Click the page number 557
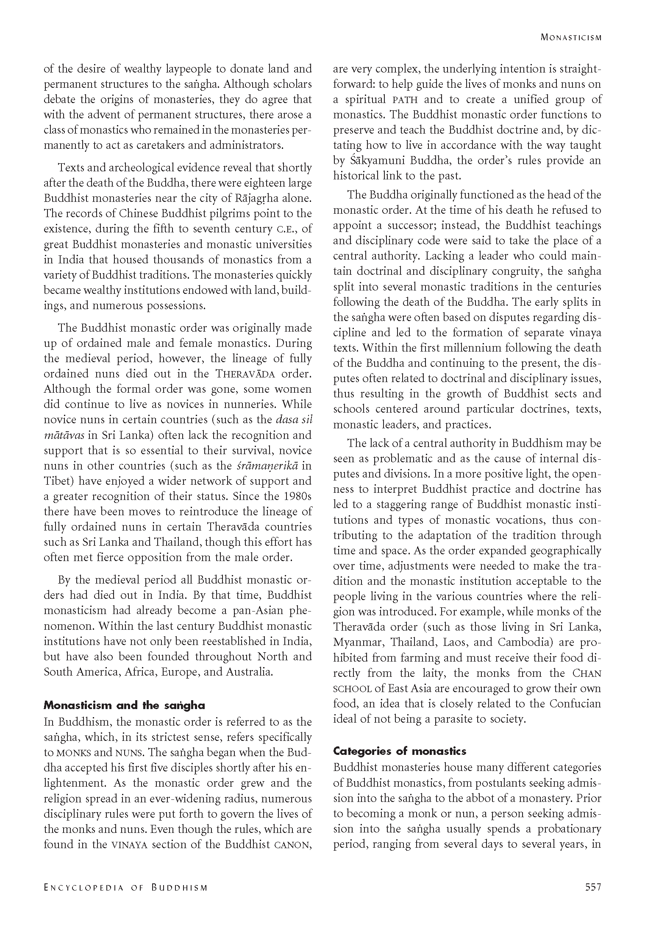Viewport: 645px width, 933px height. point(593,896)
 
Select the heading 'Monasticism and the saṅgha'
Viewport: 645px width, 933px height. point(124,706)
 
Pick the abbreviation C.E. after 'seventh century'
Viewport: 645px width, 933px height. point(284,229)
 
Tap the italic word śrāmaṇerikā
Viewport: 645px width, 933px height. point(267,466)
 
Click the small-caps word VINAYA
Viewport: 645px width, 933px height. point(129,845)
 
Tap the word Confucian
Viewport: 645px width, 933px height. point(575,704)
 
